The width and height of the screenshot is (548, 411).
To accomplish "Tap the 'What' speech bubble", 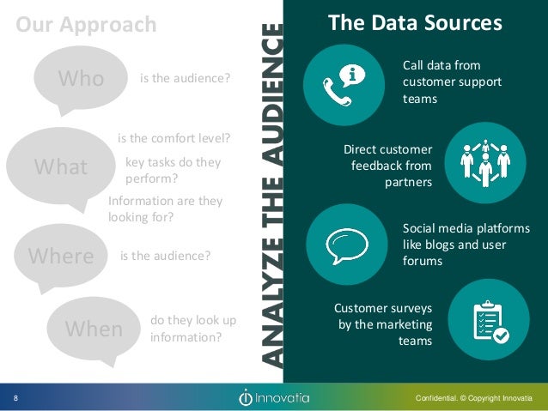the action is point(60,167).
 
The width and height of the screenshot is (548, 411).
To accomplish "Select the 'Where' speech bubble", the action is point(60,256).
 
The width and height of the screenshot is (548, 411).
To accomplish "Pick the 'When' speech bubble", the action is point(93,328).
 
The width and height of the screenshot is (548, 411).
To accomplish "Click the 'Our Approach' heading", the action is point(86,25).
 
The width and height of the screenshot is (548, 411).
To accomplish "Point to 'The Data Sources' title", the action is point(415,23).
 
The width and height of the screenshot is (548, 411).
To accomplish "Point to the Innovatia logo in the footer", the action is point(274,398).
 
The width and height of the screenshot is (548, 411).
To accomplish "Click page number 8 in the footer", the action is point(15,398).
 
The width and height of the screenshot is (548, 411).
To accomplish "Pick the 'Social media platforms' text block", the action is point(454,245).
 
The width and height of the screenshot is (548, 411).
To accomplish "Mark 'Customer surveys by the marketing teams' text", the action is point(383,324).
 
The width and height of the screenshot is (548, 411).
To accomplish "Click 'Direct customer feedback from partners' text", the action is point(388,166).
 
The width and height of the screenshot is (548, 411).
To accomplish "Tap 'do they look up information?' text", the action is point(192,329).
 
